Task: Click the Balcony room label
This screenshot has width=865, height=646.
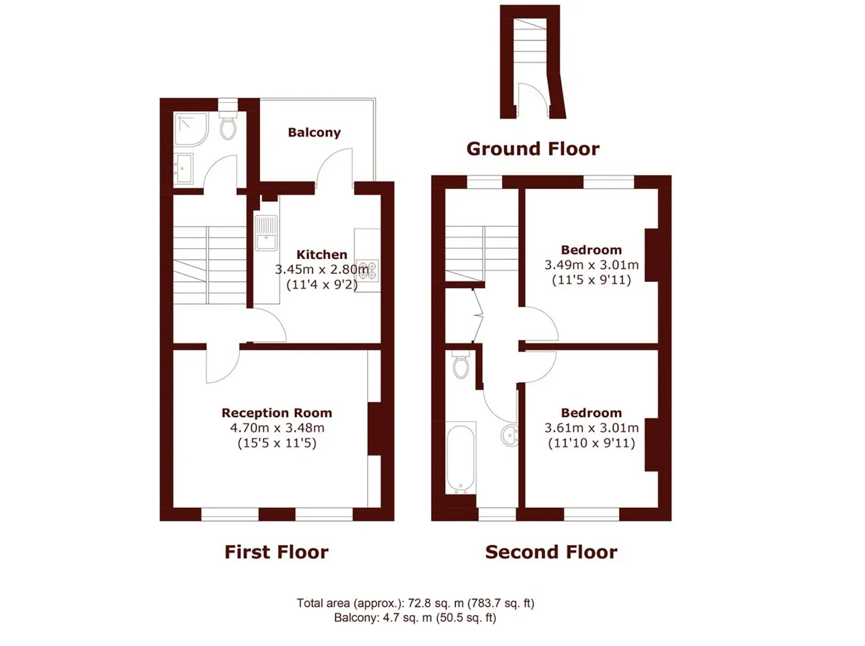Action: click(x=314, y=133)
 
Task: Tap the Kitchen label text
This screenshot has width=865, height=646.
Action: click(x=321, y=254)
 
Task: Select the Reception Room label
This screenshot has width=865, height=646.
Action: click(x=277, y=412)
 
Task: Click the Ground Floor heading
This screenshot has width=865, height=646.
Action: click(x=533, y=149)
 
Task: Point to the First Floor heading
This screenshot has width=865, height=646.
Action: click(x=276, y=552)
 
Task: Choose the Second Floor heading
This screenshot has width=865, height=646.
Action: click(x=551, y=552)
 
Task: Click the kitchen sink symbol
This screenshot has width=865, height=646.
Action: click(x=266, y=233)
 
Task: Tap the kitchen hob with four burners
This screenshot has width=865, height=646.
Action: click(x=368, y=271)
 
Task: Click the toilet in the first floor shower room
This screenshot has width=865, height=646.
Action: click(x=228, y=124)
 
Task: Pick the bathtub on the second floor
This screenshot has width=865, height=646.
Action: click(x=461, y=458)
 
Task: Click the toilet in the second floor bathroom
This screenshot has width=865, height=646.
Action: click(x=461, y=364)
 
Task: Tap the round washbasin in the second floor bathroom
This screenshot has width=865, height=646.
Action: click(x=510, y=435)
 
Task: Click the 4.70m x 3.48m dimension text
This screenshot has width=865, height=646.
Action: click(x=277, y=427)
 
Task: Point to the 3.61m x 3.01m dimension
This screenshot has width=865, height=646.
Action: click(x=591, y=427)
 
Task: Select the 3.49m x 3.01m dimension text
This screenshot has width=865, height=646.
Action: click(x=591, y=264)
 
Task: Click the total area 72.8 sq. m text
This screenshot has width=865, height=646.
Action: click(x=415, y=603)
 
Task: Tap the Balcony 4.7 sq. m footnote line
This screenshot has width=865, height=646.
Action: click(x=415, y=618)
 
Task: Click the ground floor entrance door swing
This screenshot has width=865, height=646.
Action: click(x=532, y=98)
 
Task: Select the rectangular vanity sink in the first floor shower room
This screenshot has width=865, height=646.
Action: click(x=185, y=168)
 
